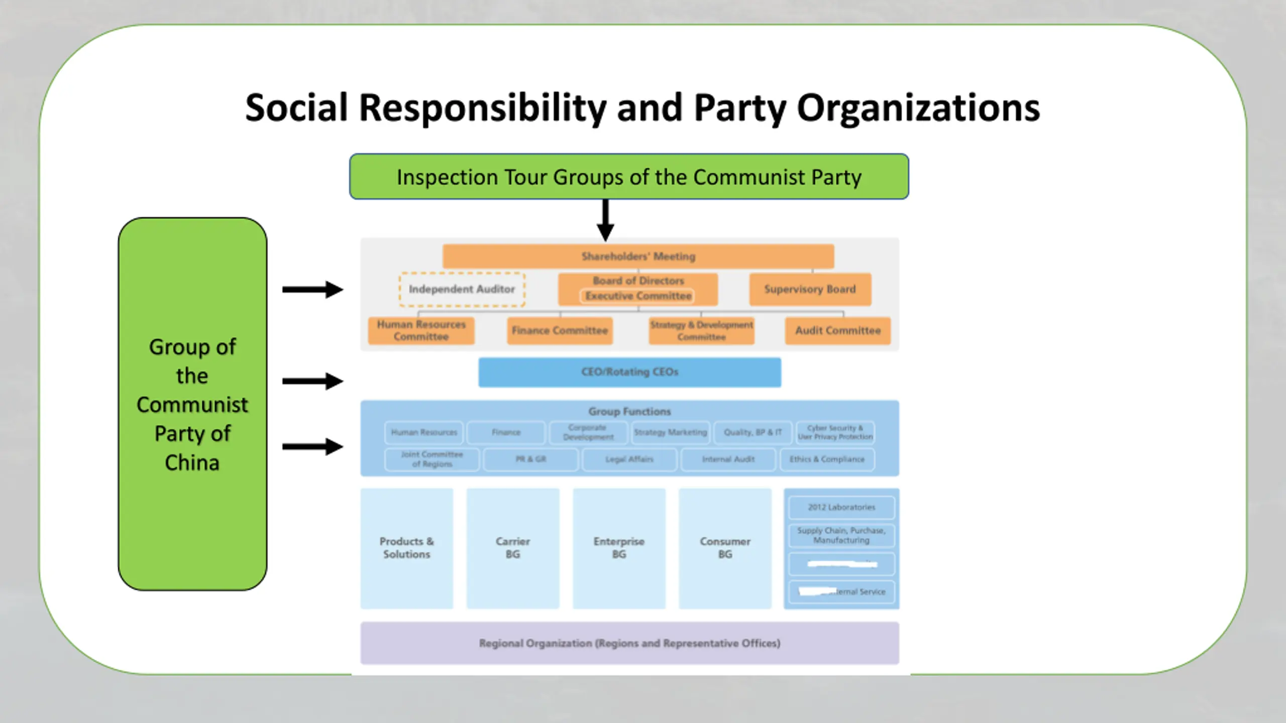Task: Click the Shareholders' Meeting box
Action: (638, 257)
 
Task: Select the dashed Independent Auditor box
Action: (462, 289)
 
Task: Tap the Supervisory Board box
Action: (810, 289)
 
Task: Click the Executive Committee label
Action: (638, 296)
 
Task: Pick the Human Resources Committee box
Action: (421, 330)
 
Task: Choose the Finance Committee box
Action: (560, 330)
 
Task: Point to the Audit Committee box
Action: (837, 330)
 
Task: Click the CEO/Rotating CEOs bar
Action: (629, 372)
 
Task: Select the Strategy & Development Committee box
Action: (701, 330)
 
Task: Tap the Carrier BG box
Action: (512, 548)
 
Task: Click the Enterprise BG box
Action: (619, 548)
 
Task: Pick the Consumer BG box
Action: (725, 548)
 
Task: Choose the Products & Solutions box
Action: (406, 548)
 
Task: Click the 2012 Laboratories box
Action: (841, 507)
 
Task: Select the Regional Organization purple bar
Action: (629, 643)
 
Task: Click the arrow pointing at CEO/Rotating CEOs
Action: (312, 381)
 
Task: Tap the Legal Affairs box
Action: (629, 459)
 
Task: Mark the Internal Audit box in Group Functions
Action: (728, 459)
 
